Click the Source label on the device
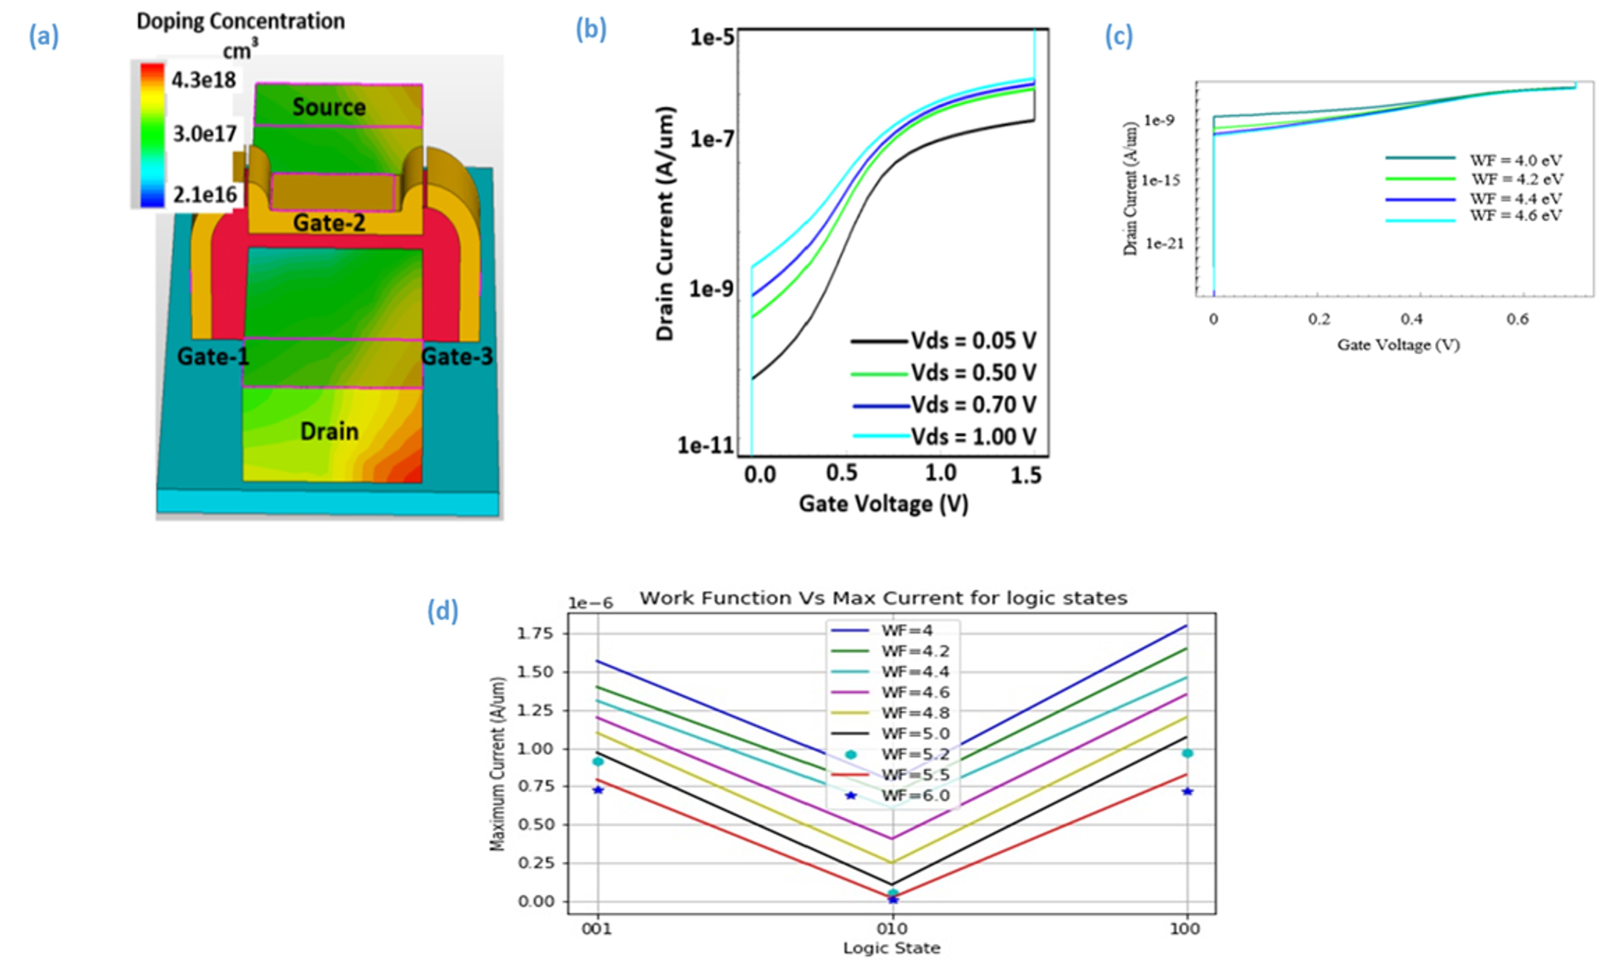329,107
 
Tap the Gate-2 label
329,223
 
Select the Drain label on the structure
329,431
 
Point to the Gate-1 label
212,357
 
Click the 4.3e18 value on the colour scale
203,80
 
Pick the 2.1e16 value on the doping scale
204,194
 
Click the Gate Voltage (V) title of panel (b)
883,504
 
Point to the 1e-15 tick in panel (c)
1161,180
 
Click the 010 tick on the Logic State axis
892,929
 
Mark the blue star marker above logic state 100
1188,791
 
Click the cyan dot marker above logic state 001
598,761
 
